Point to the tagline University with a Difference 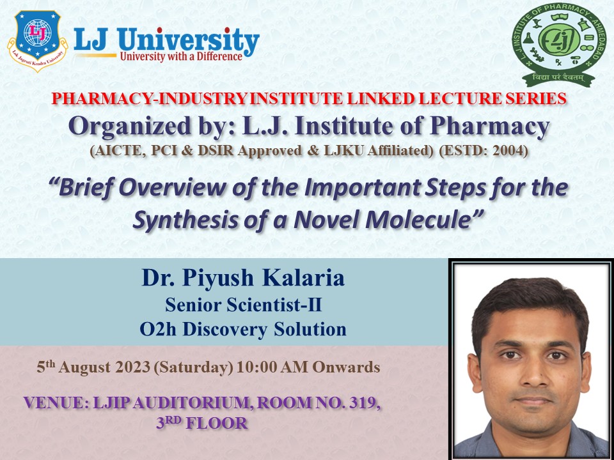181,56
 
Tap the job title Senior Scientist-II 242,306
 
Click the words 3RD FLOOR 202,423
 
